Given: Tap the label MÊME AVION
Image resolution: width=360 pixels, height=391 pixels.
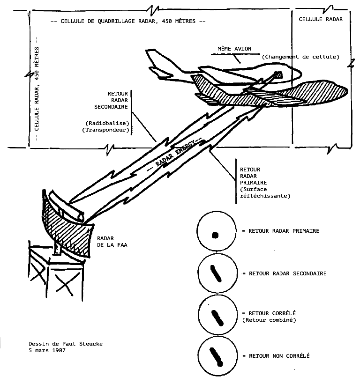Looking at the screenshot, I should pyautogui.click(x=233, y=49).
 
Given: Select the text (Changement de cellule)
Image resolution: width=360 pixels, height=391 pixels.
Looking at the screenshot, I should pyautogui.click(x=300, y=57).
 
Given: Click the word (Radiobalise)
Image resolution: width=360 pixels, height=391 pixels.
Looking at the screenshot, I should pyautogui.click(x=106, y=123).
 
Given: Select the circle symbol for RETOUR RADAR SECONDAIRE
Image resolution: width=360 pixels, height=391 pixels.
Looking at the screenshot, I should pyautogui.click(x=215, y=273).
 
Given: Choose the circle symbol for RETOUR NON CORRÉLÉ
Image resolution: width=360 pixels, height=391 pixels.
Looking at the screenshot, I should pyautogui.click(x=215, y=356).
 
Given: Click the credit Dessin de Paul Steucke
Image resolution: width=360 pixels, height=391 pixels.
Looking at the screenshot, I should pyautogui.click(x=65, y=344).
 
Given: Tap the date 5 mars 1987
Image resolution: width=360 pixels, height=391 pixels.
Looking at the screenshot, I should pyautogui.click(x=46, y=350).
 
